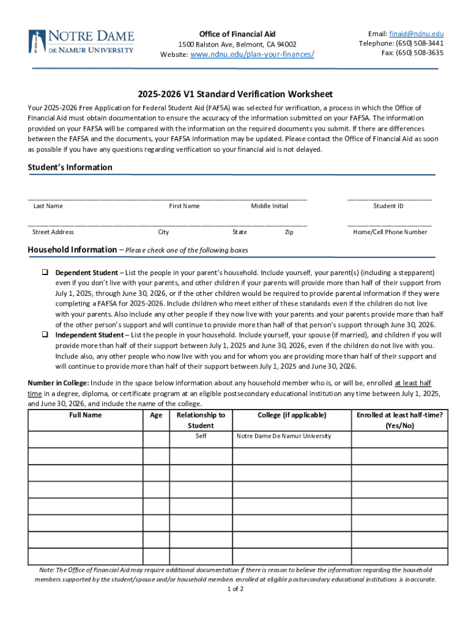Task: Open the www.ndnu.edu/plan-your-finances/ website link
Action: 253,54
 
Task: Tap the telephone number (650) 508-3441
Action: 419,43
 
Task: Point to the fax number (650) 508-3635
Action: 420,53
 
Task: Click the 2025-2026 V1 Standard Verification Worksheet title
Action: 235,94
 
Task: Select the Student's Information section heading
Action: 70,168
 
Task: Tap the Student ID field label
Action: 388,206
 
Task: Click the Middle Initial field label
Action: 269,206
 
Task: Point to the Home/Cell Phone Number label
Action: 390,232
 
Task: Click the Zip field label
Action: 289,232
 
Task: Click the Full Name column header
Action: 85,415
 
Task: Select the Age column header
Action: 156,415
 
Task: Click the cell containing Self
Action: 201,436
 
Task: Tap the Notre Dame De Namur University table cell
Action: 284,436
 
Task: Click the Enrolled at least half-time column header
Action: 399,420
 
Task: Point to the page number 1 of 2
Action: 235,589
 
